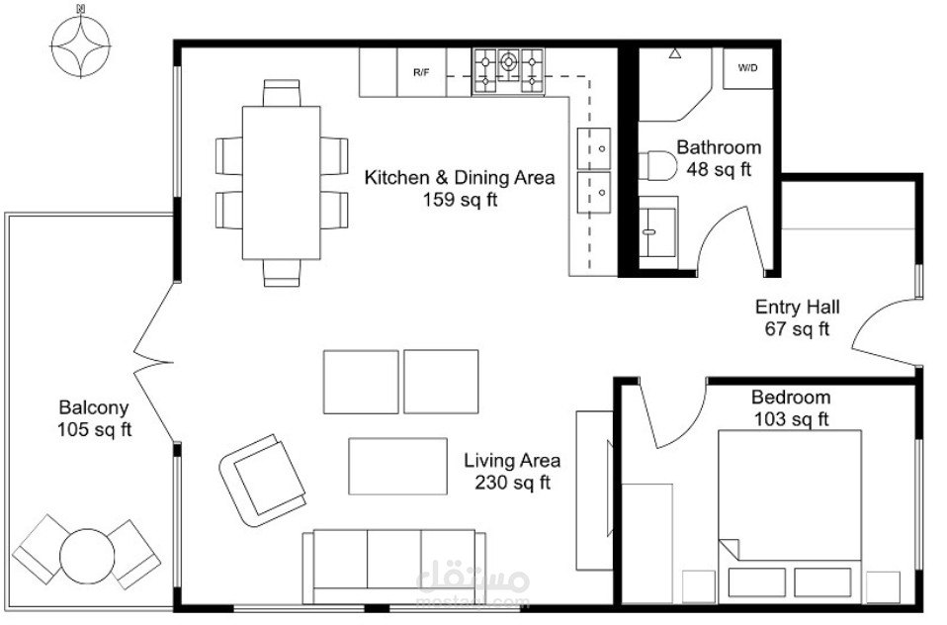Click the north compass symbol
[80, 45]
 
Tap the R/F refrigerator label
[421, 72]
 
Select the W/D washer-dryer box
[747, 68]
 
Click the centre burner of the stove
[508, 61]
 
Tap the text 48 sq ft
[718, 169]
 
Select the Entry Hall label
[797, 307]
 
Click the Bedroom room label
[791, 398]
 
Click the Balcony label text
[94, 407]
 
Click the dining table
[282, 183]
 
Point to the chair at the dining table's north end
[282, 93]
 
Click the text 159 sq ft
[460, 200]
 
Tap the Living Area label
[512, 461]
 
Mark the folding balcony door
[153, 363]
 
